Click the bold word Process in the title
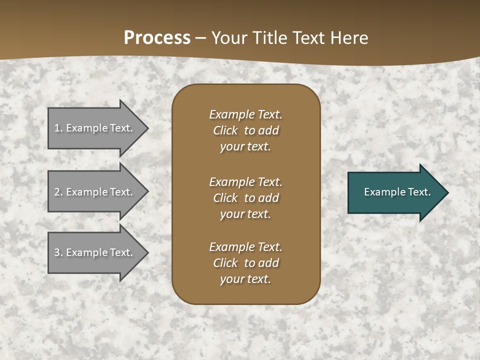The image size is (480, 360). pyautogui.click(x=157, y=38)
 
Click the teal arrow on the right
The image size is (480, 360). pyautogui.click(x=395, y=192)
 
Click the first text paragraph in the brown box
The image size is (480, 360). pyautogui.click(x=245, y=130)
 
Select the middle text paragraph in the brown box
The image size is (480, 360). pyautogui.click(x=245, y=198)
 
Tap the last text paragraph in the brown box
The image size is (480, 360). pyautogui.click(x=245, y=263)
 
